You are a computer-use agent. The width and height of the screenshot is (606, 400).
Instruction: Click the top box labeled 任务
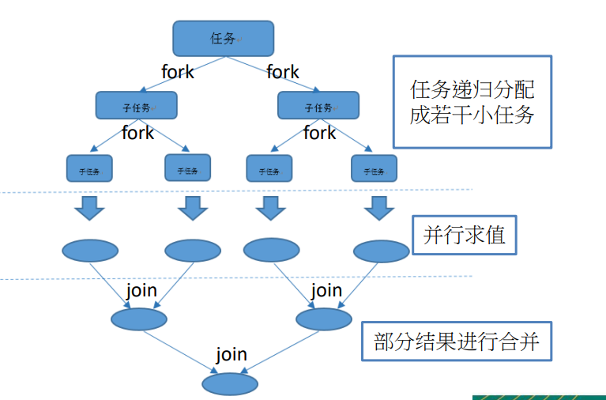coord(223,38)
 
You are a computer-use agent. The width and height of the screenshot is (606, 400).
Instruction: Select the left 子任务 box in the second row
coord(136,106)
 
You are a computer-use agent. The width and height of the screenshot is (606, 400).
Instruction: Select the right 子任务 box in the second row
coord(318,106)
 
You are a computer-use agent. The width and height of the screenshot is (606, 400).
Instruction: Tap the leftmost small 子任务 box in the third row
coord(88,168)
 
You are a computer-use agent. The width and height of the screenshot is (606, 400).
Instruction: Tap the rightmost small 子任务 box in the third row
coord(374,168)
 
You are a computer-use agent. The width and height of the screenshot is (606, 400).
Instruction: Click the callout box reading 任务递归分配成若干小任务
coord(472,102)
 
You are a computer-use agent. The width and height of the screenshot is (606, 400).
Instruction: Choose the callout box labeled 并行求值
coord(465,235)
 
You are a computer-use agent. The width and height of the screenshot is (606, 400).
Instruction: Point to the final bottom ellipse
coord(230,384)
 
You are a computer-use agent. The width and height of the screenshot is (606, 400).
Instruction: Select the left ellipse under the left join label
coord(139,319)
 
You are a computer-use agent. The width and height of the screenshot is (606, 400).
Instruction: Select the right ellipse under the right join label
coord(323,319)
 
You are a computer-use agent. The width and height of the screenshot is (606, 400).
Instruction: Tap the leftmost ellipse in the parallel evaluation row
coord(89,251)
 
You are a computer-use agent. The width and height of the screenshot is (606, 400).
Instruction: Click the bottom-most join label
coord(231,354)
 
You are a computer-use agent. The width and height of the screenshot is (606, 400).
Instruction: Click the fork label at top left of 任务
coord(178,72)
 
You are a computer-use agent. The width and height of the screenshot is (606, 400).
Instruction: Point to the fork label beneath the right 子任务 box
coord(319,133)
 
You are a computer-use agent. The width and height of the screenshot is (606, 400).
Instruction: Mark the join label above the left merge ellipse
coord(141,290)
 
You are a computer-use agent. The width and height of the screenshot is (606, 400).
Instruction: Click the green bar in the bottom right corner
coord(539,397)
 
